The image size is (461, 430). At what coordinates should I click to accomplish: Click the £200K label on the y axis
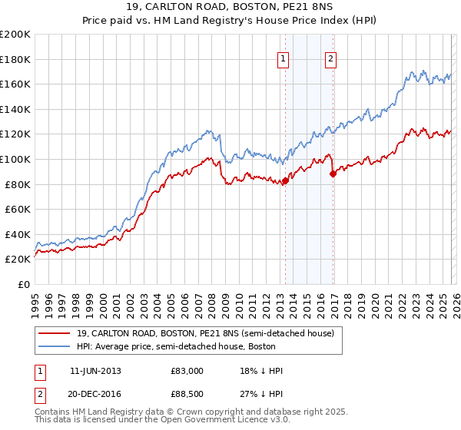(x=15, y=35)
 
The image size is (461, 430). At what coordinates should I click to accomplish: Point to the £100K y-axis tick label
(x=15, y=159)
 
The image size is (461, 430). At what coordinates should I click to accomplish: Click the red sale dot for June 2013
(x=285, y=181)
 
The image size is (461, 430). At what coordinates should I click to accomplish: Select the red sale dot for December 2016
(x=333, y=174)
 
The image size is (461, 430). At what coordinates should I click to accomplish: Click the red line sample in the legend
(x=55, y=334)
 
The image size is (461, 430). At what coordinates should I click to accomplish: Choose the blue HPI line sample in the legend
(x=55, y=347)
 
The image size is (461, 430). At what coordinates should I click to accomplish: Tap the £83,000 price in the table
(x=187, y=371)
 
